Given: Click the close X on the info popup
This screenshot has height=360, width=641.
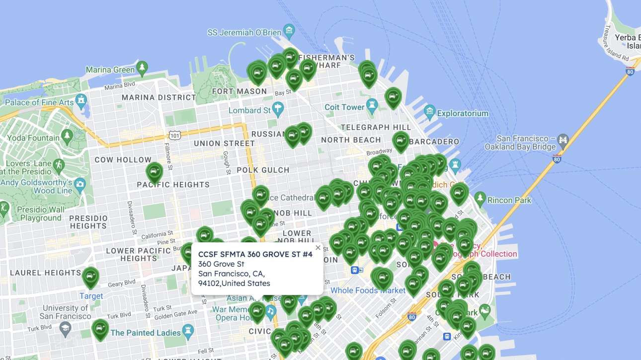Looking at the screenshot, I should point(318,247).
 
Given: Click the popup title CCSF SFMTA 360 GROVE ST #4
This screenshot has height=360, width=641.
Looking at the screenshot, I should point(255,254).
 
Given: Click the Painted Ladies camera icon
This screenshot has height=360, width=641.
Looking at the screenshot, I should point(188,330).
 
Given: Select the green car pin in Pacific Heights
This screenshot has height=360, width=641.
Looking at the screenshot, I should point(155,172).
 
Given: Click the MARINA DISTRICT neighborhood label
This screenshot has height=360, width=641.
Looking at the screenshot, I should point(159,97).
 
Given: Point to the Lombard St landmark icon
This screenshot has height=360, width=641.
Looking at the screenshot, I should point(278,108).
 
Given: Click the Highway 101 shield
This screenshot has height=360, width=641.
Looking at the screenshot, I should point(174,135).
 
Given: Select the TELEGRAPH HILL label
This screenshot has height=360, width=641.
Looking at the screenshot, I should point(376,127).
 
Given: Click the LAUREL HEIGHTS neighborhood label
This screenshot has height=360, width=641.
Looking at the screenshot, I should point(46,273).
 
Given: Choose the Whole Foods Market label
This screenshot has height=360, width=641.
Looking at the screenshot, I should point(368,290).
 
